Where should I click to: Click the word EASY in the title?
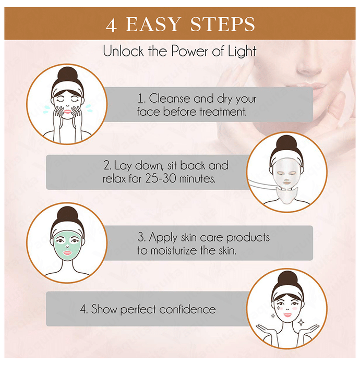pyautogui.click(x=153, y=24)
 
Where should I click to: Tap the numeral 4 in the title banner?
pyautogui.click(x=111, y=25)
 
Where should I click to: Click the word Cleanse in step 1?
pyautogui.click(x=170, y=99)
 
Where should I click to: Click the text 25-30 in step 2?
pyautogui.click(x=161, y=178)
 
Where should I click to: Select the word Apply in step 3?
pyautogui.click(x=163, y=238)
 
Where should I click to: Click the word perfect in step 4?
pyautogui.click(x=138, y=310)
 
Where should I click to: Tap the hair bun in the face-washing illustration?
pyautogui.click(x=67, y=75)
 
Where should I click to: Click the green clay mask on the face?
pyautogui.click(x=67, y=246)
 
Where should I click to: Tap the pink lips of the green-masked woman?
pyautogui.click(x=67, y=253)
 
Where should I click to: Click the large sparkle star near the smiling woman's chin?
pyautogui.click(x=301, y=322)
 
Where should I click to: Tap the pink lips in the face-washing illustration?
pyautogui.click(x=67, y=111)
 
